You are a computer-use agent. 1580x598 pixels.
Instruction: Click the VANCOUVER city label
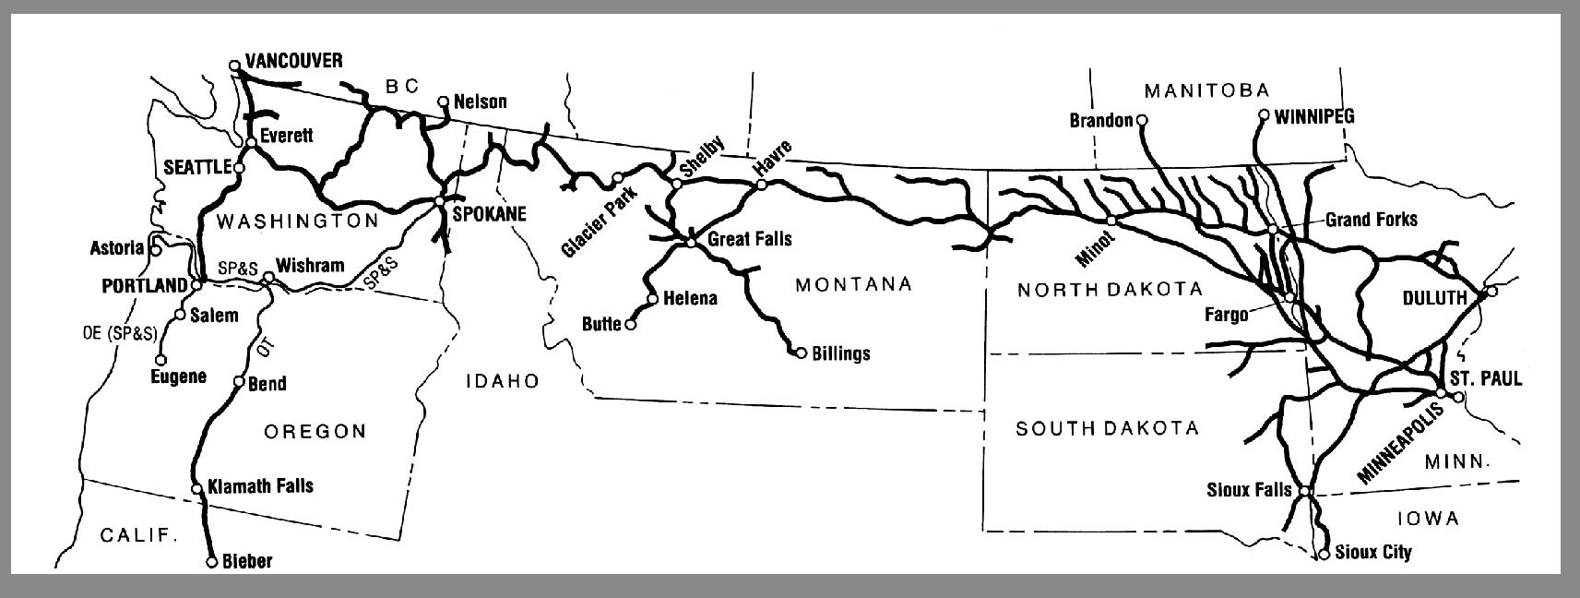coord(293,61)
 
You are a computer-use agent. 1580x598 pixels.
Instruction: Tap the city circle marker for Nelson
coord(444,102)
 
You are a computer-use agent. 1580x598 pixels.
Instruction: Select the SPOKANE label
coord(490,214)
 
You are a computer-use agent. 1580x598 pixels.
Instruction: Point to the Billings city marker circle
coord(801,353)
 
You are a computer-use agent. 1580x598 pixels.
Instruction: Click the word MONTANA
coord(853,284)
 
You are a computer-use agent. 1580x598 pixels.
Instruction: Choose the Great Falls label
coord(749,239)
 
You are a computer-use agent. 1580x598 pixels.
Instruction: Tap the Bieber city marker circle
coord(211,561)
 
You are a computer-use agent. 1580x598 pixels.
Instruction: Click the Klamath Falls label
coord(261,485)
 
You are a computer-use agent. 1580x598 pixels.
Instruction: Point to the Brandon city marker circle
coord(1141,120)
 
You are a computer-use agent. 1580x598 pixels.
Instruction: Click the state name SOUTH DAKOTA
coord(1107,428)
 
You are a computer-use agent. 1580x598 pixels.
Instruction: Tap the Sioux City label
coord(1372,553)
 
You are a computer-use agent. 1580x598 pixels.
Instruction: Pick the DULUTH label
coord(1434,297)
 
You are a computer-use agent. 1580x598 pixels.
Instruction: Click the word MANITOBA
coord(1206,90)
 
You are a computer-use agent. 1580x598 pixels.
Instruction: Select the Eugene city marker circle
coord(161,360)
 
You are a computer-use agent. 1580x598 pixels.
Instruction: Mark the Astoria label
coord(117,248)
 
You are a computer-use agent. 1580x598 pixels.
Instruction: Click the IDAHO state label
coord(502,381)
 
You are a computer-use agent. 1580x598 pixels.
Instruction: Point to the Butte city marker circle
coord(631,325)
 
